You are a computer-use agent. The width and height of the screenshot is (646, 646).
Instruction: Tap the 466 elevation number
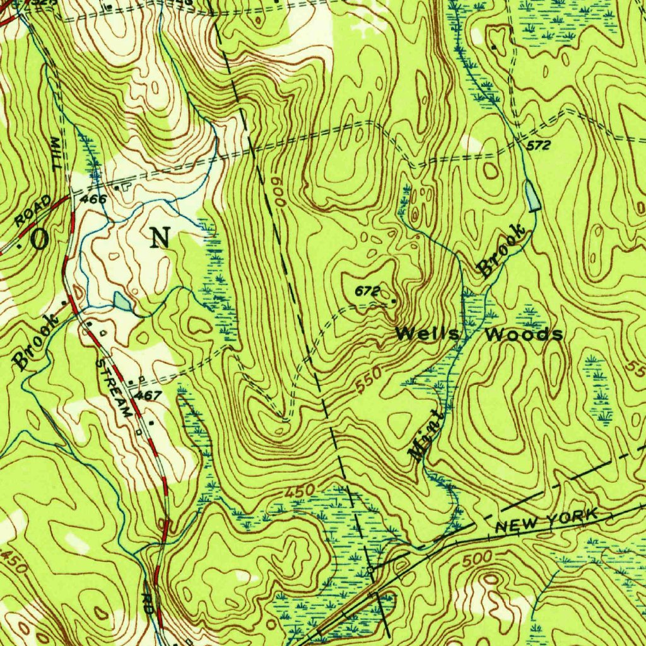pyautogui.click(x=94, y=199)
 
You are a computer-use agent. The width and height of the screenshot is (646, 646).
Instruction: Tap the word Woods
pyautogui.click(x=523, y=334)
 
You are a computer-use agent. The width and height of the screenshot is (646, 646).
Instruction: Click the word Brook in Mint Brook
pyautogui.click(x=502, y=251)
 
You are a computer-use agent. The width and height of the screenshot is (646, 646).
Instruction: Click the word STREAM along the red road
pyautogui.click(x=114, y=387)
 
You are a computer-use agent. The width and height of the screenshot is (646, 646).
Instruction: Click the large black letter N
pyautogui.click(x=160, y=238)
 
